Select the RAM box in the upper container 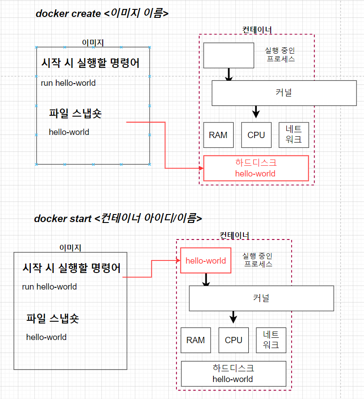coord(218,135)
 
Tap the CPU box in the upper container coord(256,135)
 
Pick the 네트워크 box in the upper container coord(294,135)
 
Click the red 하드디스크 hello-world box coord(256,168)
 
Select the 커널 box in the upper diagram coord(284,93)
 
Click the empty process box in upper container coord(229,55)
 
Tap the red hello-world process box coord(206,260)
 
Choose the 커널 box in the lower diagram coord(261,298)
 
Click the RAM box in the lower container coord(196,340)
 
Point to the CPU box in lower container coord(234,340)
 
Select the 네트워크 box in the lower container coord(271,340)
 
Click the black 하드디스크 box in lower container coord(234,374)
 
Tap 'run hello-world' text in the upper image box coord(68,83)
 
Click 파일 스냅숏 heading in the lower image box coord(53,318)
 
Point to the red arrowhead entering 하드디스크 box coord(201,168)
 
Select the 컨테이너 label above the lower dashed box coord(234,235)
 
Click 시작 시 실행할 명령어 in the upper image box coord(90,63)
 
